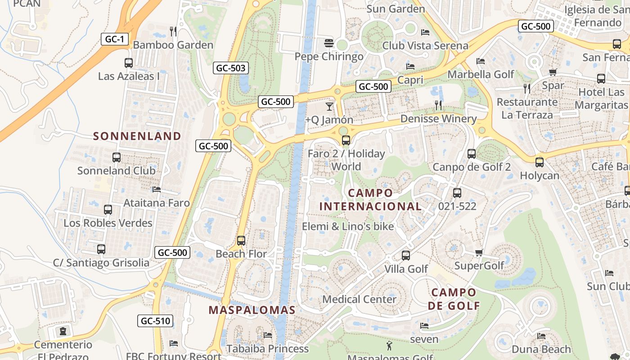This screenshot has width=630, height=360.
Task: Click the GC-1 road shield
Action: click(x=114, y=39)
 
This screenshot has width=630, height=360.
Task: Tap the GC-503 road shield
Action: click(x=231, y=68)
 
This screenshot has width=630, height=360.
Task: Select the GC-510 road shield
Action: click(x=155, y=321)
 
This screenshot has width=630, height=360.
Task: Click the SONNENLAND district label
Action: click(x=137, y=136)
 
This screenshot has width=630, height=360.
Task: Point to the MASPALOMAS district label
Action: click(x=252, y=310)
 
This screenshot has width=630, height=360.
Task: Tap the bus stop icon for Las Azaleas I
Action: click(x=129, y=63)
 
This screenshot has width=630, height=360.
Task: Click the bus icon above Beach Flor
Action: click(x=241, y=241)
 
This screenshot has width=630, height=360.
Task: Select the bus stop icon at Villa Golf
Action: click(x=406, y=256)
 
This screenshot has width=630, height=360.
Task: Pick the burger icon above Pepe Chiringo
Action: click(x=329, y=43)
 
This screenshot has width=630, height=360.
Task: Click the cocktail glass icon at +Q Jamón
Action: click(x=329, y=107)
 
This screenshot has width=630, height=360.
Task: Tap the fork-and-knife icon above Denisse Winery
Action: click(x=438, y=105)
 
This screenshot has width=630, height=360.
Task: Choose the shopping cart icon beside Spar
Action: click(x=553, y=72)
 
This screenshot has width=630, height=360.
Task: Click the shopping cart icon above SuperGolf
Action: click(x=479, y=252)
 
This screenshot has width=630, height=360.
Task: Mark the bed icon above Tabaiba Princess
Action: click(x=268, y=335)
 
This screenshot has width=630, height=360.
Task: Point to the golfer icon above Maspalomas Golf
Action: click(x=390, y=346)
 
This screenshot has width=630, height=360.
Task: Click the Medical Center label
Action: click(x=360, y=299)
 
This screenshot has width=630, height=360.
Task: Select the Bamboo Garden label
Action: click(x=173, y=45)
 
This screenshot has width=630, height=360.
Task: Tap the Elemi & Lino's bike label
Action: click(x=348, y=226)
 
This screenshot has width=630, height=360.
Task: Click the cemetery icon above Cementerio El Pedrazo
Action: click(x=63, y=332)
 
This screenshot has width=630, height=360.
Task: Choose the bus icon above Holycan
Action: click(x=540, y=162)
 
